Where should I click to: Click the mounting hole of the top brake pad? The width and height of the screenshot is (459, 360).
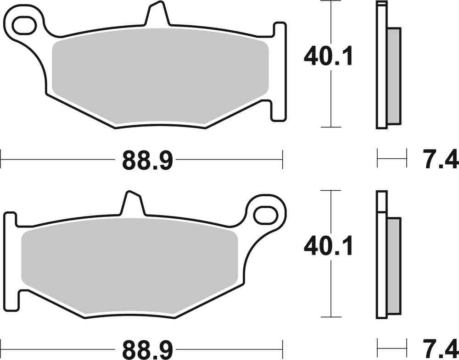click(x=26, y=25)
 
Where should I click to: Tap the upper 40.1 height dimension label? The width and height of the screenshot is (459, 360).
click(x=328, y=57)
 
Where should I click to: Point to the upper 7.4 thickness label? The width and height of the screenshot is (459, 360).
click(x=439, y=161)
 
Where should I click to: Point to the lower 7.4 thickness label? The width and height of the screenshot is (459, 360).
click(x=439, y=350)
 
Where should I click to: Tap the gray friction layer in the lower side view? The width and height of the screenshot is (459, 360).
click(x=393, y=266)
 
